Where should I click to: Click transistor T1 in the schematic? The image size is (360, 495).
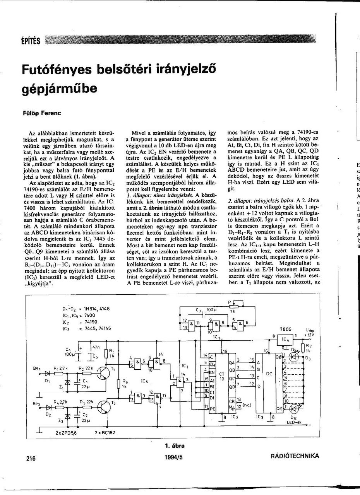pyautogui.click(x=104, y=372)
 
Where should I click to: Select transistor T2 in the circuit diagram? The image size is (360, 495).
pyautogui.click(x=104, y=406)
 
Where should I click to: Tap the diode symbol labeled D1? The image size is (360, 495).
pyautogui.click(x=48, y=374)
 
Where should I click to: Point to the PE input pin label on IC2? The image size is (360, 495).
pyautogui.click(x=212, y=408)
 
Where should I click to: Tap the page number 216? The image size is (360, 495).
pyautogui.click(x=31, y=459)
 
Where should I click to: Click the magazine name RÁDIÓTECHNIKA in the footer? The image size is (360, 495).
pyautogui.click(x=295, y=456)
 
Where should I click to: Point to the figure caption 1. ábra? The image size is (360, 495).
pyautogui.click(x=175, y=446)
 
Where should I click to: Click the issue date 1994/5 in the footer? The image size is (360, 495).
pyautogui.click(x=173, y=457)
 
